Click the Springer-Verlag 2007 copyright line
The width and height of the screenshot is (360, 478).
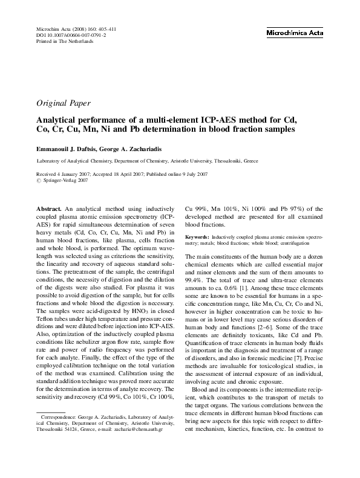tap(63, 181)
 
